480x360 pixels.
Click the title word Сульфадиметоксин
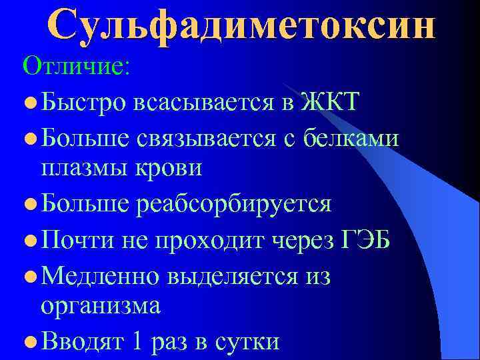click(x=241, y=27)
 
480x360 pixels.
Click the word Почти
click(x=78, y=238)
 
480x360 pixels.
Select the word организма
click(x=101, y=306)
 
